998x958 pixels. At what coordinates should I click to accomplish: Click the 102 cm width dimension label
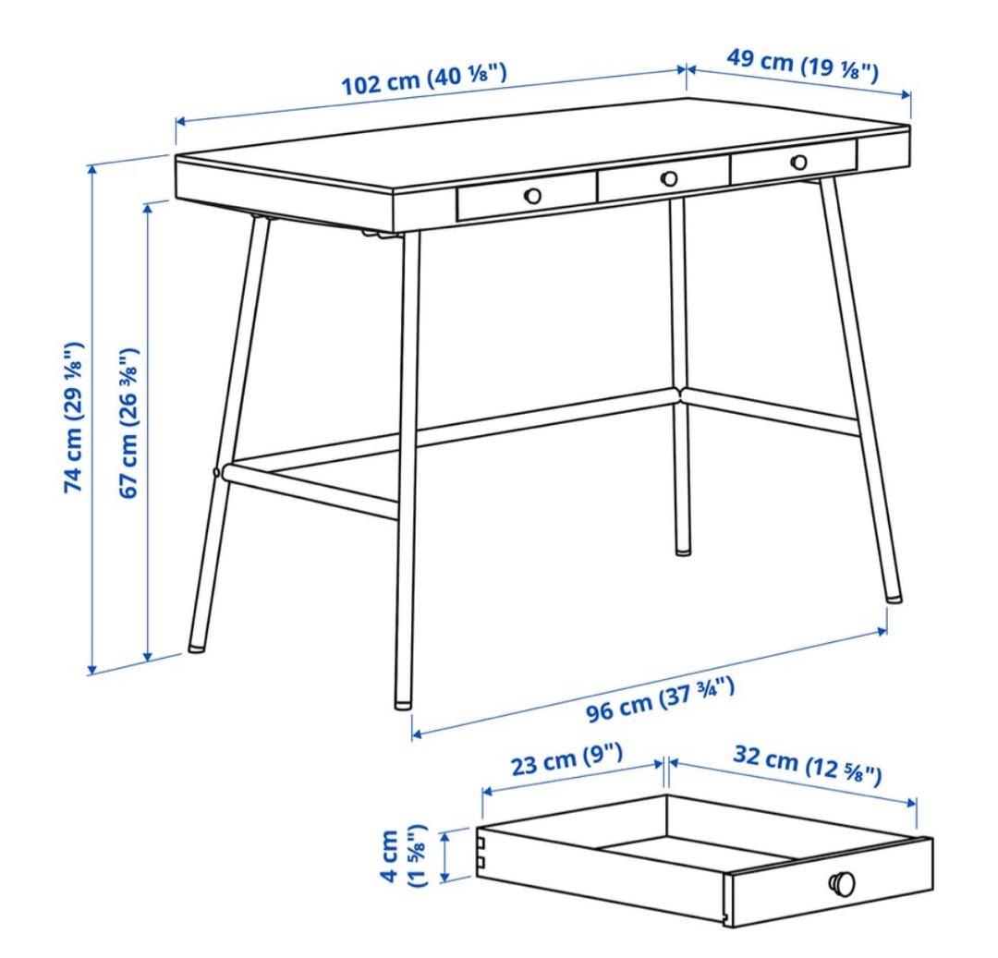point(424,80)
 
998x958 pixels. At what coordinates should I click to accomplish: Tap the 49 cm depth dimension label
point(801,64)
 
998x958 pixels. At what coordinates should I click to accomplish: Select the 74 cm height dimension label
point(75,417)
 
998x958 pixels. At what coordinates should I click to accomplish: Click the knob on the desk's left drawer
point(532,195)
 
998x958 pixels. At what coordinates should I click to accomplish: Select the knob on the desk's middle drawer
point(669,177)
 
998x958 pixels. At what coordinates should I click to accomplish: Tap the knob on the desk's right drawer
point(798,162)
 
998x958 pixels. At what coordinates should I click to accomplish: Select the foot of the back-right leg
point(681,551)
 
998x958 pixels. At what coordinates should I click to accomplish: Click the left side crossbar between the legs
point(314,489)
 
